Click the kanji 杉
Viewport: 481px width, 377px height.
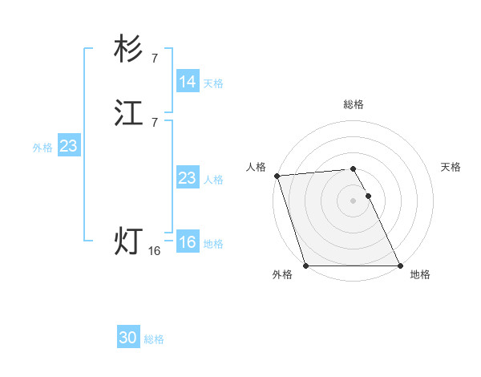tap(128, 51)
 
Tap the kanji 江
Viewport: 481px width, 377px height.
tap(128, 114)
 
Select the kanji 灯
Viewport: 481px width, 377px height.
tap(128, 241)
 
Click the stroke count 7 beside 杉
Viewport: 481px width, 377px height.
tap(155, 58)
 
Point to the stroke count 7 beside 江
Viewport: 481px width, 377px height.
tap(155, 122)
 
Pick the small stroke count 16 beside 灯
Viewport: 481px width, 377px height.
tap(155, 251)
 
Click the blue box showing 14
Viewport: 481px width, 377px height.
tap(188, 82)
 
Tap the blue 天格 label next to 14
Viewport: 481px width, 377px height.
tap(213, 83)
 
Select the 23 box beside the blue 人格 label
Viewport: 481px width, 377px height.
tap(188, 178)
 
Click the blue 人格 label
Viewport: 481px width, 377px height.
tap(213, 180)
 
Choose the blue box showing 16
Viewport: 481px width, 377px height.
tap(188, 241)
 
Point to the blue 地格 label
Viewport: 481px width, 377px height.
tap(213, 244)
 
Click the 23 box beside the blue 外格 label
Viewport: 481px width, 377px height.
tap(68, 146)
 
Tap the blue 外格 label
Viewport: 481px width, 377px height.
tap(42, 148)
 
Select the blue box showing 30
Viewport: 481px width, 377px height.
tap(128, 338)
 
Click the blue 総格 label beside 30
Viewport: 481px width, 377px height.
tap(154, 340)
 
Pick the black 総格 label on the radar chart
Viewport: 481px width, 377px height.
tap(354, 104)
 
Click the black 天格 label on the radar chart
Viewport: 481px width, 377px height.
tap(451, 167)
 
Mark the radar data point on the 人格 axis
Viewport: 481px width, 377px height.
tap(277, 176)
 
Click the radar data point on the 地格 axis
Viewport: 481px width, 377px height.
tap(400, 266)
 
